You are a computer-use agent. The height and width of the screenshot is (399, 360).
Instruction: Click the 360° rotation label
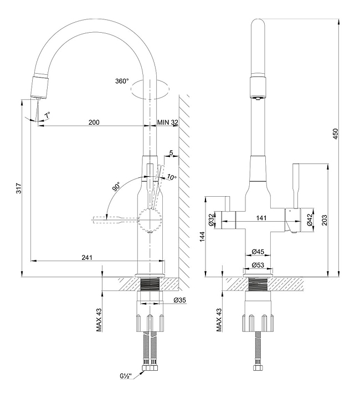(x=122, y=81)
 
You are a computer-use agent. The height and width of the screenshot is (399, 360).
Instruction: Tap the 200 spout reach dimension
(x=94, y=122)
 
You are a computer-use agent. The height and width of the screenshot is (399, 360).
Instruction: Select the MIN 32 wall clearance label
(x=167, y=122)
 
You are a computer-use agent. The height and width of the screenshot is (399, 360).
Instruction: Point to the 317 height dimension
(x=19, y=189)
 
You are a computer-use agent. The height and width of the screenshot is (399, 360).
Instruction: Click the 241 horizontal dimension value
(x=86, y=257)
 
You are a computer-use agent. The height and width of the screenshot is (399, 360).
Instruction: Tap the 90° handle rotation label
(x=117, y=186)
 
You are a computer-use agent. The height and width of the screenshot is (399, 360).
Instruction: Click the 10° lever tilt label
(x=171, y=177)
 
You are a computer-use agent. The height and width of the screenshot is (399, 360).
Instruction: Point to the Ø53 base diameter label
(x=258, y=265)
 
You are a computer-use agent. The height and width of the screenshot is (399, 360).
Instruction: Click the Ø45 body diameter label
(x=258, y=250)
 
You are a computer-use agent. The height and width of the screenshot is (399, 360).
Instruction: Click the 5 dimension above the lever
(x=171, y=152)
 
